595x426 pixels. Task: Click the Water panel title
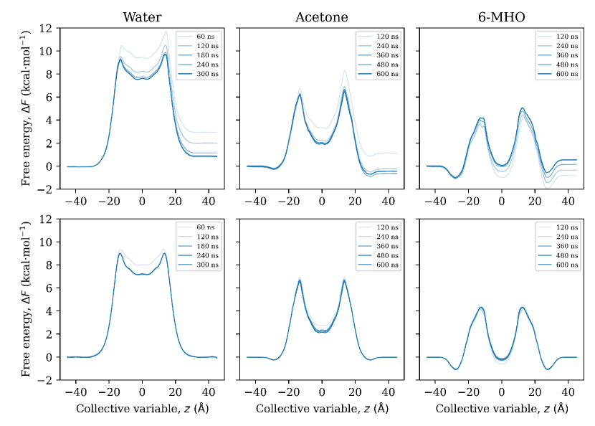pos(141,17)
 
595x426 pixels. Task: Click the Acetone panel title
pos(321,17)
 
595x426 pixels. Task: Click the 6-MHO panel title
pos(501,17)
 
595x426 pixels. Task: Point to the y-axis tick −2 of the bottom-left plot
pos(46,380)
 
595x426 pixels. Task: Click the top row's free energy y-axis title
pos(26,108)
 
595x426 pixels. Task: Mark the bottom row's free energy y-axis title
pos(26,299)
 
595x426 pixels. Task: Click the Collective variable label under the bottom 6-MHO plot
pos(501,409)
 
